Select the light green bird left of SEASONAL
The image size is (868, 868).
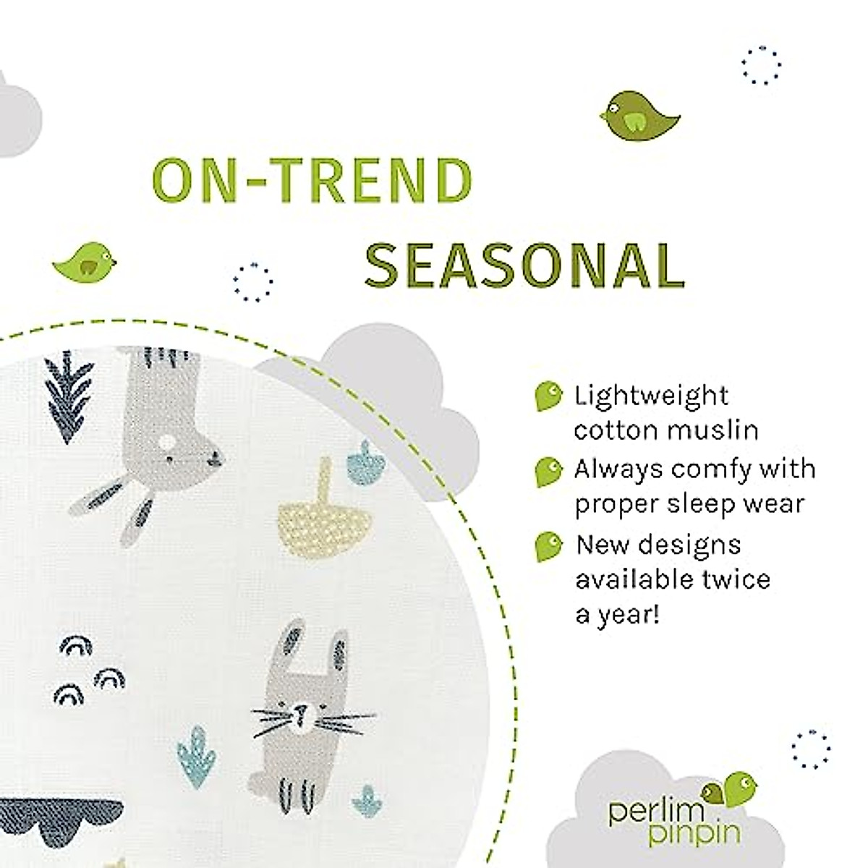[85, 259]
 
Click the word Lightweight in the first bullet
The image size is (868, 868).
[651, 396]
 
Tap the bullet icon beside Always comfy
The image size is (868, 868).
[548, 470]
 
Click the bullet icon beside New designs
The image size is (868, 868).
[548, 546]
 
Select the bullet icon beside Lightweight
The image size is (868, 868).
[548, 396]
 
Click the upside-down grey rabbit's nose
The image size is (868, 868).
[215, 457]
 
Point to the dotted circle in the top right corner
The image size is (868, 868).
[762, 66]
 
